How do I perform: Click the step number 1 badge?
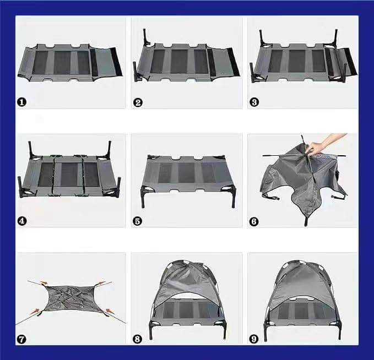(21, 102)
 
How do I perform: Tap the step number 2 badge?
(138, 102)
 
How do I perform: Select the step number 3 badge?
(254, 102)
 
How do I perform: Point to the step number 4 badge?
(21, 221)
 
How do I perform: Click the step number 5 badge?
(137, 221)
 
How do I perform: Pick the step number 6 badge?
(254, 221)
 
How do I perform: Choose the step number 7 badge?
(21, 339)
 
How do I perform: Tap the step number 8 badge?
(137, 339)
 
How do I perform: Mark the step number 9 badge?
(253, 339)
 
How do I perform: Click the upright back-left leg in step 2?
(145, 36)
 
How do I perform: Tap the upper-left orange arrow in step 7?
(44, 283)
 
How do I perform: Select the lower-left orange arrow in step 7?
(35, 311)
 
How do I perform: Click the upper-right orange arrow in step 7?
(101, 282)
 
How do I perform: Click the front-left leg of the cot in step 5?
(143, 197)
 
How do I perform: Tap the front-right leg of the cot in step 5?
(234, 197)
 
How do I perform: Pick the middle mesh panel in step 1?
(62, 62)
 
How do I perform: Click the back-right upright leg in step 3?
(336, 36)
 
